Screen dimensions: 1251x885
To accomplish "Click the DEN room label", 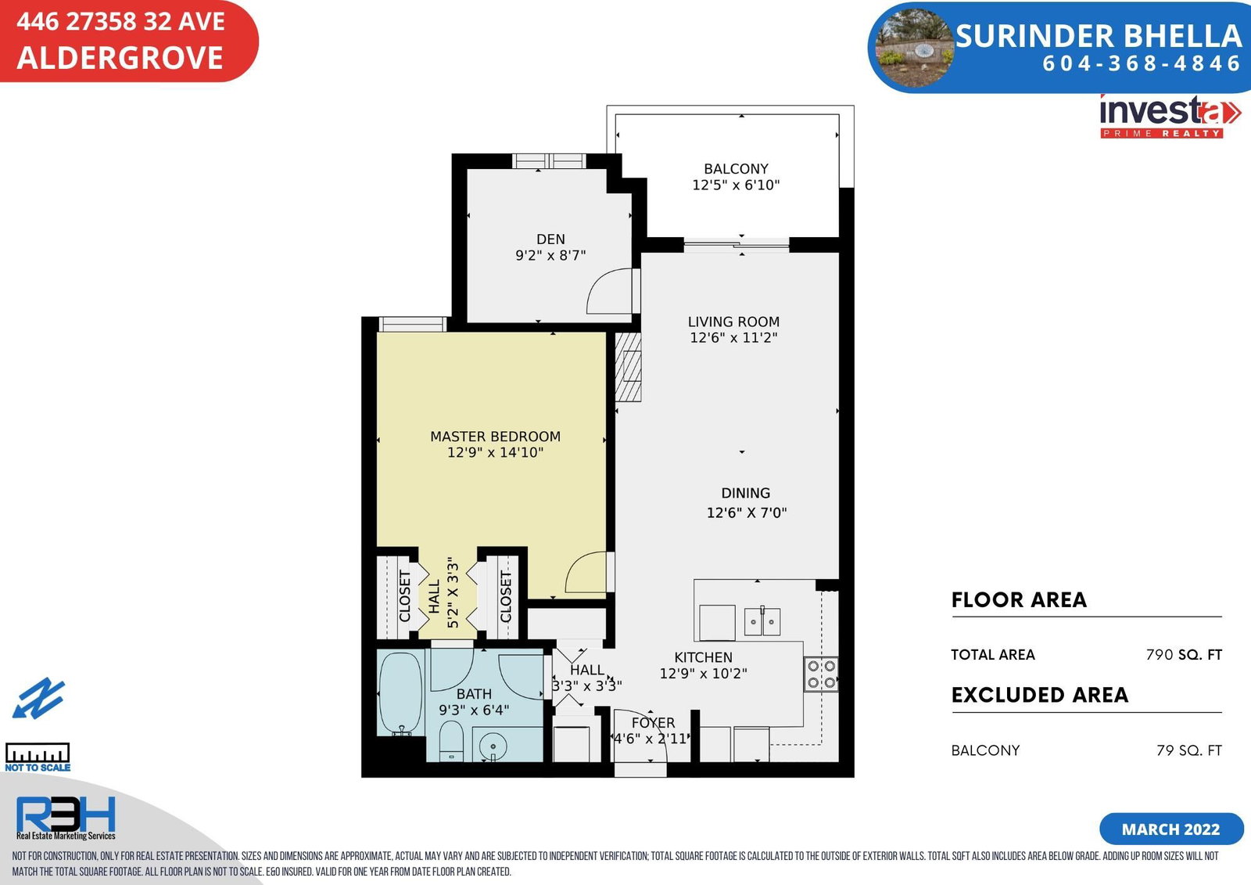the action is click(x=550, y=239).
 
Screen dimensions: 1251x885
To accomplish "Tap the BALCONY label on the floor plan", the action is click(x=736, y=169).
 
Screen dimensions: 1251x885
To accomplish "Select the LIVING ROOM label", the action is click(x=733, y=322).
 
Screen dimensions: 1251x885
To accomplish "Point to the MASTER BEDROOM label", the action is click(x=495, y=437).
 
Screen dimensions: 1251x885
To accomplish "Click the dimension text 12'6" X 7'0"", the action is click(x=746, y=513).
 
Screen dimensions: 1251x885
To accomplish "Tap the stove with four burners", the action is click(x=821, y=675).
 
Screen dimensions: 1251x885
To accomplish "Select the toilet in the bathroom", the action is click(x=451, y=741).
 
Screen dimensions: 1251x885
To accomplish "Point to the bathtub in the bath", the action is click(x=400, y=693).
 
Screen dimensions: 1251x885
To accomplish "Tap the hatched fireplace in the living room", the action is click(x=628, y=367).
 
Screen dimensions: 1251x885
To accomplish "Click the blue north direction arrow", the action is click(x=38, y=698).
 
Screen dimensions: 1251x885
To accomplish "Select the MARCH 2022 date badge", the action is click(x=1171, y=829).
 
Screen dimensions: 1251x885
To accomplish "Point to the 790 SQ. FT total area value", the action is click(x=1184, y=655).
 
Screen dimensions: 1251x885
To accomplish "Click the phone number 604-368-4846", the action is click(x=1142, y=63).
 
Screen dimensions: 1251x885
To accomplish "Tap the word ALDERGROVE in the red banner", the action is click(x=120, y=58).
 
